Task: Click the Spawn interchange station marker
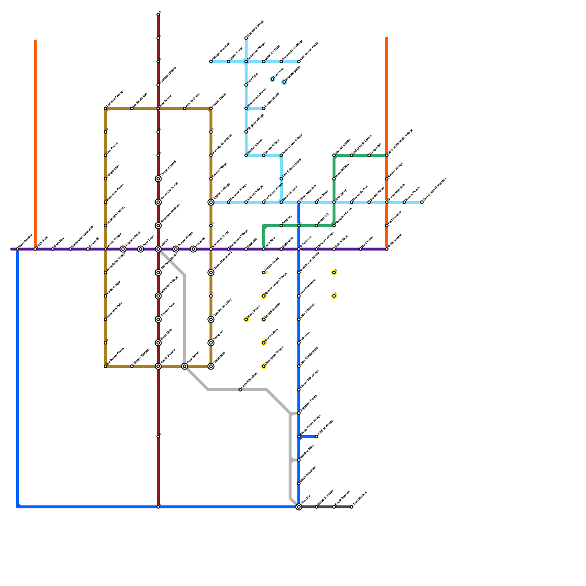point(158,249)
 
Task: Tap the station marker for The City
point(299,507)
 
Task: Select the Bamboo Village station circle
point(211,202)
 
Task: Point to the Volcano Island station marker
point(158,179)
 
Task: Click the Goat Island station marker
point(185,366)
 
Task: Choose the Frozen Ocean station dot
point(211,108)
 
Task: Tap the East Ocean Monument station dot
point(422,202)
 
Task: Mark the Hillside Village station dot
point(316,437)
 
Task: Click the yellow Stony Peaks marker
point(246,319)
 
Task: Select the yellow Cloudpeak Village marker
point(264,366)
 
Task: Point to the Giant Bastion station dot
point(352,507)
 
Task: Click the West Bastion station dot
point(18,249)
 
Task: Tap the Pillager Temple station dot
point(132,366)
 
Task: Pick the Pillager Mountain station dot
point(211,62)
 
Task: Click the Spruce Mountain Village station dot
point(387,155)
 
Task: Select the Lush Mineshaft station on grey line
point(240,390)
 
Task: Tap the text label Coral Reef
point(219,357)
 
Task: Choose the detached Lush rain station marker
point(272,79)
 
